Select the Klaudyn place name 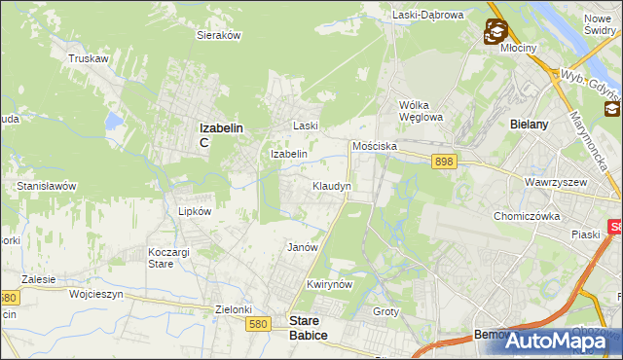(x=331, y=185)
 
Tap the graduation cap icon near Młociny (x=495, y=32)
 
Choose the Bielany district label (x=530, y=125)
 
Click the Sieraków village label (x=219, y=34)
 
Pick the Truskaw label (x=88, y=58)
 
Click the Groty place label (x=386, y=311)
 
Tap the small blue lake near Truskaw (x=116, y=122)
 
